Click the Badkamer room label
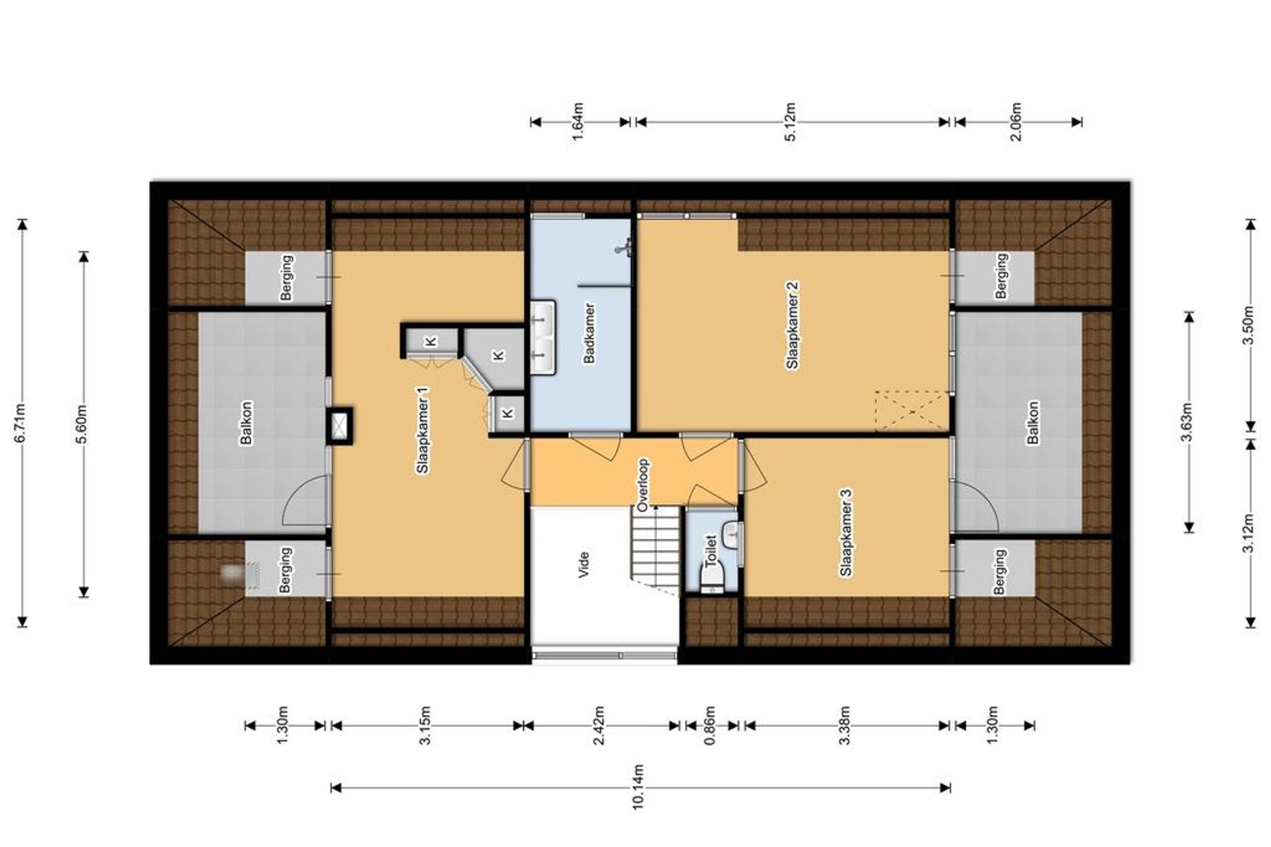click(589, 333)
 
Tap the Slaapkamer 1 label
click(422, 430)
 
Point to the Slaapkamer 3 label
click(846, 533)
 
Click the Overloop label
click(643, 484)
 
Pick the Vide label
click(584, 564)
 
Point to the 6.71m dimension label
click(20, 422)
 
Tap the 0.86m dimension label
click(710, 725)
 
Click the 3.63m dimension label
click(1188, 422)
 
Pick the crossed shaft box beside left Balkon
click(339, 425)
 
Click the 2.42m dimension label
click(600, 725)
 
